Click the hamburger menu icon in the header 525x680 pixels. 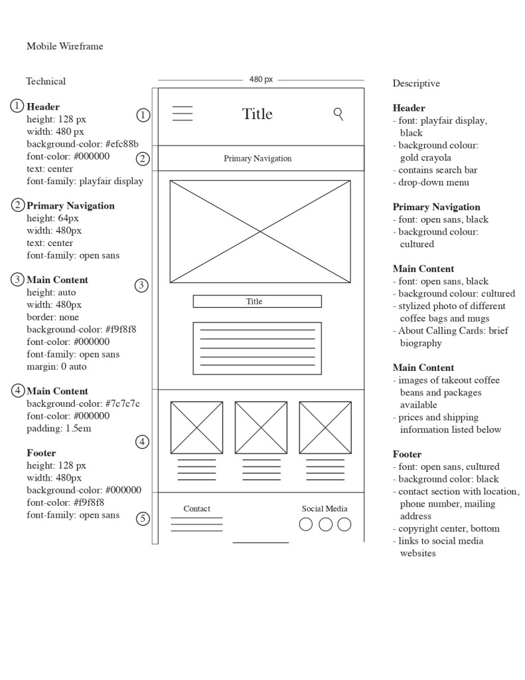pyautogui.click(x=183, y=114)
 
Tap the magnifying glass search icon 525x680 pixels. pyautogui.click(x=338, y=114)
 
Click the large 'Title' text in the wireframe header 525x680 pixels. pyautogui.click(x=257, y=114)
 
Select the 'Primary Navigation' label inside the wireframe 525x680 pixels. pyautogui.click(x=258, y=158)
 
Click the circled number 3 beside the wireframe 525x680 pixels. pyautogui.click(x=141, y=286)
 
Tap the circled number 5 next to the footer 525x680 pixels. pyautogui.click(x=143, y=518)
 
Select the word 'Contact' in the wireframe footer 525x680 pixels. pyautogui.click(x=196, y=509)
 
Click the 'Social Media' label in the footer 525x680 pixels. pyautogui.click(x=325, y=509)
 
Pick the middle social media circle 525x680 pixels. pyautogui.click(x=325, y=524)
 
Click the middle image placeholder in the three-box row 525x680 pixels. pyautogui.click(x=261, y=427)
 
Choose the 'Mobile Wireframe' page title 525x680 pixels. pyautogui.click(x=65, y=46)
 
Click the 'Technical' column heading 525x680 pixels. pyautogui.click(x=46, y=81)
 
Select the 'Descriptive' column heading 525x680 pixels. pyautogui.click(x=416, y=83)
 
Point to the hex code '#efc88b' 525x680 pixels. pyautogui.click(x=121, y=144)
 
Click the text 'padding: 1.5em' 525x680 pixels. pyautogui.click(x=59, y=428)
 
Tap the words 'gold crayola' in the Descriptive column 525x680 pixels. pyautogui.click(x=425, y=158)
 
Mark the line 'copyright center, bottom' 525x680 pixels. pyautogui.click(x=449, y=528)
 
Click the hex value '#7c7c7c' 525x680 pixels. pyautogui.click(x=122, y=403)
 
